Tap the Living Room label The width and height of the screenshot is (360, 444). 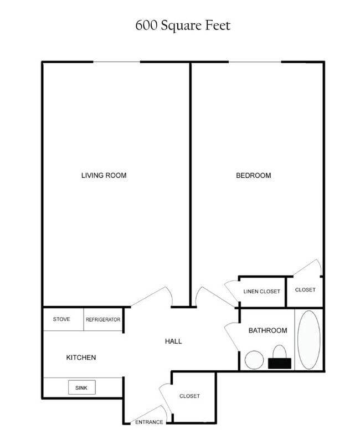(x=104, y=176)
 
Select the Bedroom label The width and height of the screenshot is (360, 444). (x=254, y=176)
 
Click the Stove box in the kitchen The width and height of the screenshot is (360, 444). (x=61, y=320)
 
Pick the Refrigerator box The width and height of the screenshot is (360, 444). (x=103, y=320)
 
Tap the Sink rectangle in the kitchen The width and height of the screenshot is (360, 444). (x=81, y=387)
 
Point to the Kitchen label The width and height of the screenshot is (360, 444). (x=81, y=358)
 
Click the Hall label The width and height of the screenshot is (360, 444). (x=173, y=341)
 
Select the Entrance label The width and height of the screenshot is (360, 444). (x=150, y=422)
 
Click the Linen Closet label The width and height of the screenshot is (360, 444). (x=262, y=292)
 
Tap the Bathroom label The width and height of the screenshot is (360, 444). (x=268, y=330)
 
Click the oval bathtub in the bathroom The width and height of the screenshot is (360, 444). (x=308, y=340)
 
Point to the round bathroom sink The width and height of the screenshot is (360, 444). (x=254, y=360)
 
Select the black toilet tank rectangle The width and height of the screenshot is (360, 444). (x=280, y=363)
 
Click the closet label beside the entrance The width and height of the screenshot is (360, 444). (x=189, y=396)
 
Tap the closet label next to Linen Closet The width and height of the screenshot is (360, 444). (x=305, y=290)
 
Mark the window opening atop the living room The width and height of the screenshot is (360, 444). (x=116, y=62)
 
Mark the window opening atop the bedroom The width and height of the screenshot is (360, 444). (x=255, y=62)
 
